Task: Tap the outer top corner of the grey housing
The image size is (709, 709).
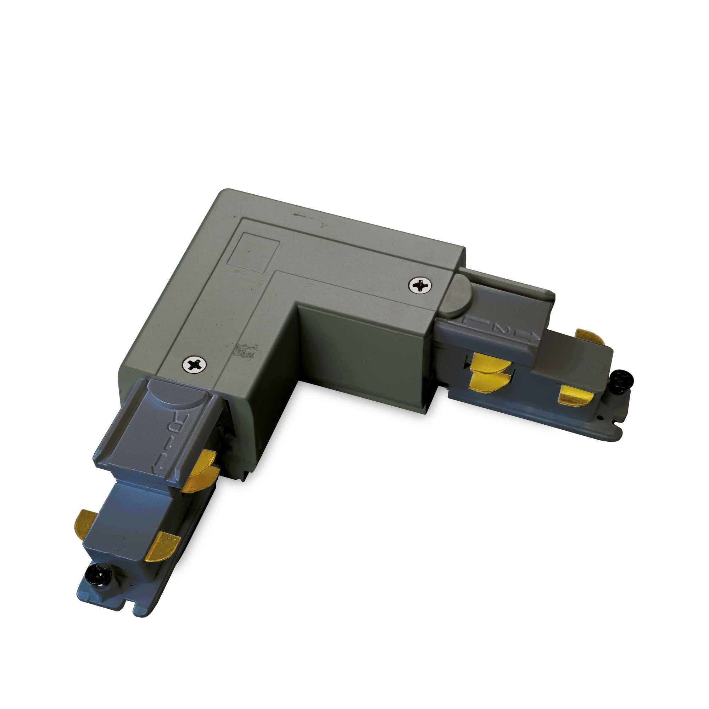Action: point(222,191)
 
